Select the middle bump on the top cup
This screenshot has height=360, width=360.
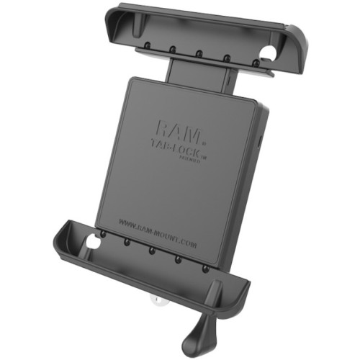coord(197,53)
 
